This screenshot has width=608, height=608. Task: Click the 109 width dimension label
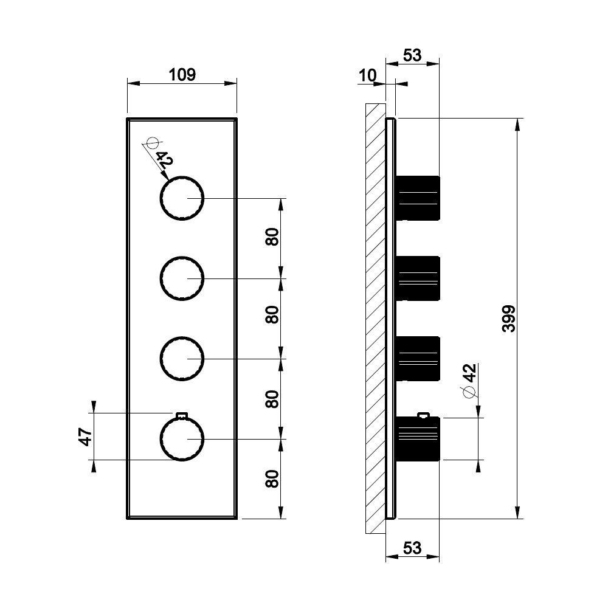[182, 74]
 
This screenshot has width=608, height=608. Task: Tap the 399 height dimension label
[509, 319]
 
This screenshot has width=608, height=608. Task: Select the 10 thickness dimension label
[367, 75]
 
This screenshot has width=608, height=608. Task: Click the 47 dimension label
[86, 437]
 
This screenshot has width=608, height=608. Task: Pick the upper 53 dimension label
[412, 55]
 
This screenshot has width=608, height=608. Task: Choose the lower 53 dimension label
[412, 548]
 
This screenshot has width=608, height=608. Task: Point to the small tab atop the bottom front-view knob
[182, 415]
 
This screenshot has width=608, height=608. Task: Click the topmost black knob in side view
[418, 198]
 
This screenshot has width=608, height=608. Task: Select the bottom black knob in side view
[418, 439]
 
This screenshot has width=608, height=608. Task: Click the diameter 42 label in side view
[470, 373]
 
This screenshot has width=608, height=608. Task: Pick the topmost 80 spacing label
[272, 237]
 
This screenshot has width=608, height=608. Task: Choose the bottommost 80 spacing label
[272, 479]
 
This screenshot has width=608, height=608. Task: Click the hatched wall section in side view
[375, 319]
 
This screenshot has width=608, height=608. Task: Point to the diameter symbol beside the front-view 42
[152, 143]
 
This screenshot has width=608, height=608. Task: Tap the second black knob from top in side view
[418, 278]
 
